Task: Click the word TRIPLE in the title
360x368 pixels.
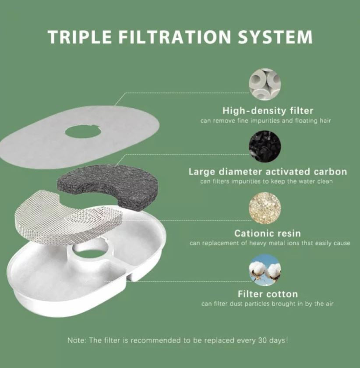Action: pyautogui.click(x=80, y=37)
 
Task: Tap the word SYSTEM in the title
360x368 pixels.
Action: pyautogui.click(x=275, y=37)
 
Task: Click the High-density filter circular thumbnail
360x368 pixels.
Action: pyautogui.click(x=265, y=85)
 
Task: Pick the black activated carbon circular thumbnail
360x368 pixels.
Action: pyautogui.click(x=265, y=146)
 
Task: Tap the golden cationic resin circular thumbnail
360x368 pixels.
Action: pyautogui.click(x=265, y=208)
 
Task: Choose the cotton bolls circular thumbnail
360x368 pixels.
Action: pyautogui.click(x=265, y=270)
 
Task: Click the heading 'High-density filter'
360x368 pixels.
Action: pyautogui.click(x=268, y=111)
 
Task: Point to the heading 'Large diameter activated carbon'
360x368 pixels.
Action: pyautogui.click(x=268, y=172)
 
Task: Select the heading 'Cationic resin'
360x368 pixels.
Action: pyautogui.click(x=267, y=233)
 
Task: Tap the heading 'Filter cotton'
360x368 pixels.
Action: pyautogui.click(x=268, y=294)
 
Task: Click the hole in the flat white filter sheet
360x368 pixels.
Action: pyautogui.click(x=83, y=132)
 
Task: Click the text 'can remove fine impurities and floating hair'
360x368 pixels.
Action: pyautogui.click(x=266, y=120)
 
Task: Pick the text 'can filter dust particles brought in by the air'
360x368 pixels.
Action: pyautogui.click(x=267, y=304)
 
